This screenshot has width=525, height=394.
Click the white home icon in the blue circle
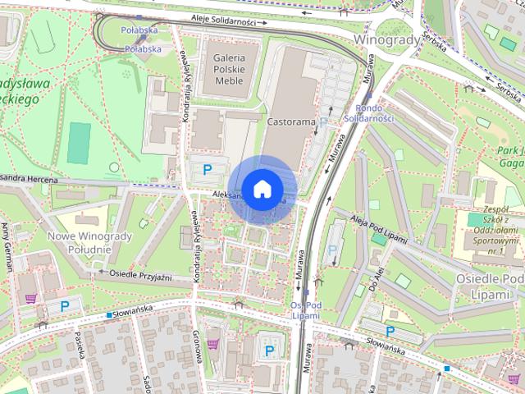261,189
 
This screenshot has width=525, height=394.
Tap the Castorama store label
291,121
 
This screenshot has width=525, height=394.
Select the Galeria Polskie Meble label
229,70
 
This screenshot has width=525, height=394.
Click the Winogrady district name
387,39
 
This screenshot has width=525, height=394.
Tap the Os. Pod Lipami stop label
305,310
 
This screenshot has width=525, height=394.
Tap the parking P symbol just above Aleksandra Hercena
208,170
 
